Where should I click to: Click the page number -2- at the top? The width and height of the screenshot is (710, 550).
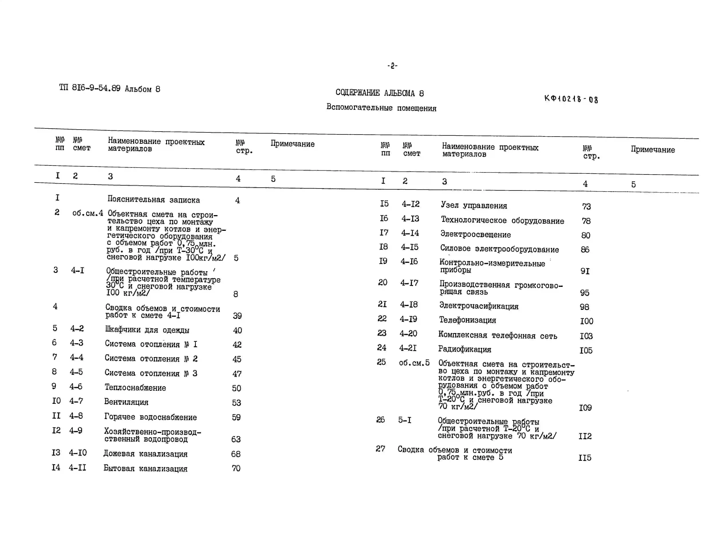point(392,66)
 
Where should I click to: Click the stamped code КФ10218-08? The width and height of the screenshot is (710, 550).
point(571,99)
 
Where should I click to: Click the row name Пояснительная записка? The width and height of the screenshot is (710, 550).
point(153,199)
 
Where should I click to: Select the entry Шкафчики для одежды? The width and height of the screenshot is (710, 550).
point(147,330)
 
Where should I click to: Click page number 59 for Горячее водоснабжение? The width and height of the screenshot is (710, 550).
point(236,417)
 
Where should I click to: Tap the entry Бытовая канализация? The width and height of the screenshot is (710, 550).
point(145,468)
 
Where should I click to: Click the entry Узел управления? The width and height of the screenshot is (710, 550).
point(474,205)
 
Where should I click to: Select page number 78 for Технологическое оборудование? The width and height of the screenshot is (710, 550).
point(586,221)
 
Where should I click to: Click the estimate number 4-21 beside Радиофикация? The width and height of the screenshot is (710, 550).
point(408,348)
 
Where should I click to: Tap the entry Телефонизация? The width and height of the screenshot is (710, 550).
point(468,320)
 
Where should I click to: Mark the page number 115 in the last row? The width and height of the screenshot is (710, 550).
point(584,458)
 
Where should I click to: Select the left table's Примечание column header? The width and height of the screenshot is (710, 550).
point(292,144)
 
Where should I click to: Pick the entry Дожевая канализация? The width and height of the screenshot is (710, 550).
point(145,453)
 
